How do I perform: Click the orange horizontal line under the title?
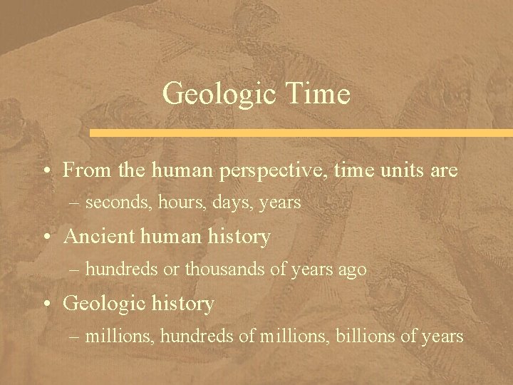[299, 133]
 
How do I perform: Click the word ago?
[353, 269]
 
